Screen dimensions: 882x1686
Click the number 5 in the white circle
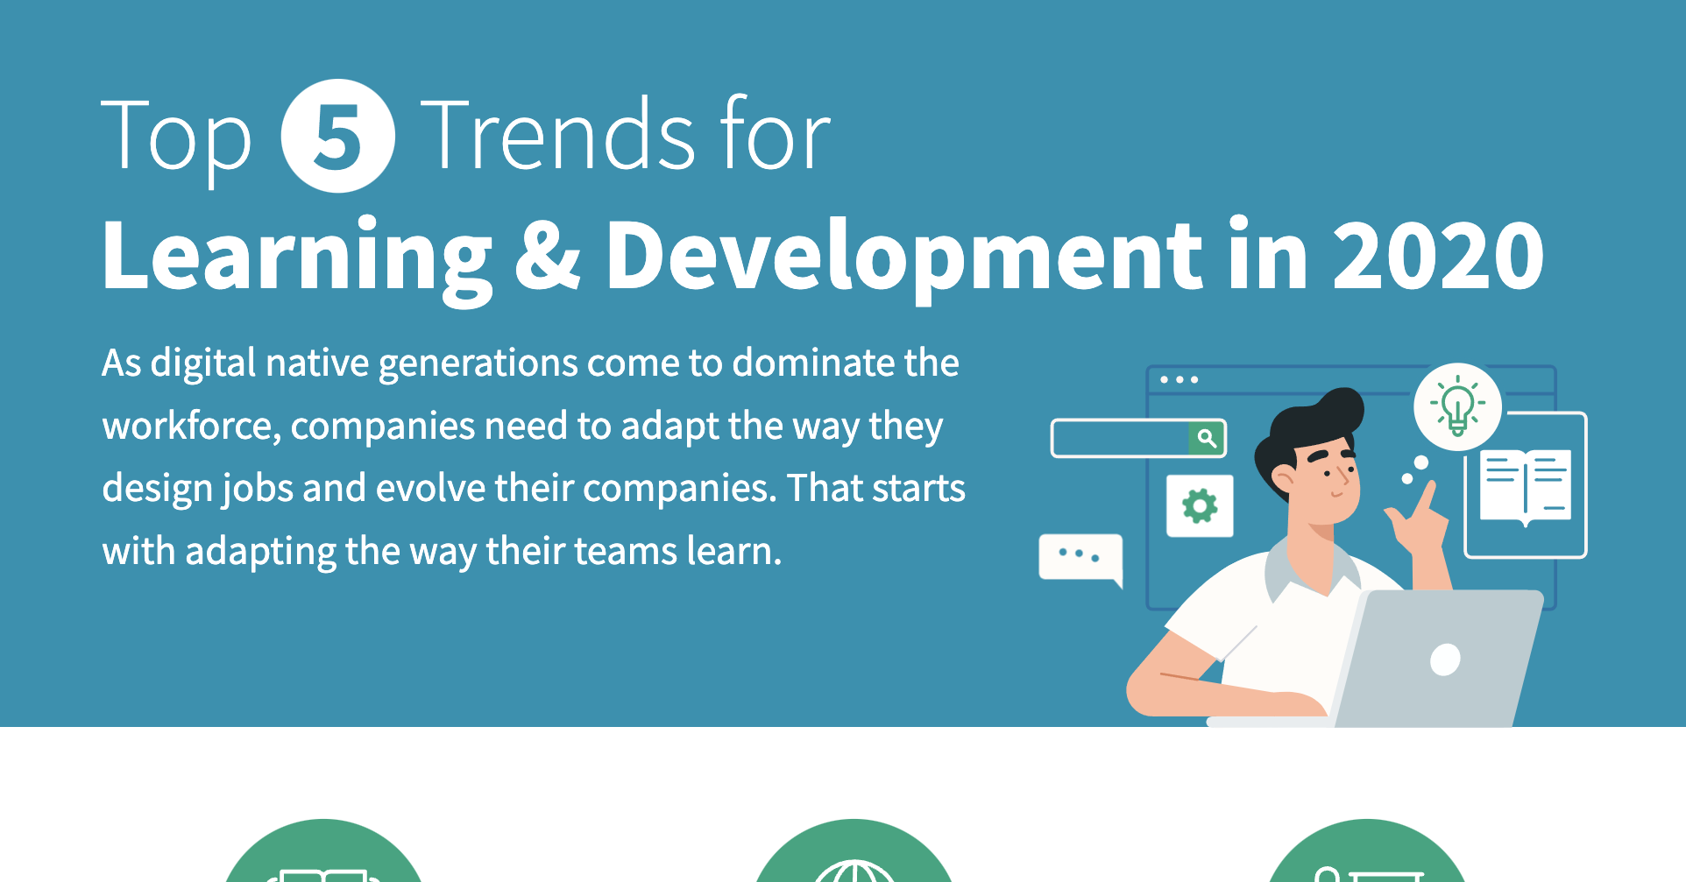coord(337,137)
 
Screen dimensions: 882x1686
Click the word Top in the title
coord(176,137)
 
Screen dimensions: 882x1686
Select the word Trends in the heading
coord(558,135)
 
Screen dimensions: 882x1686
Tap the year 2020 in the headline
coord(1437,255)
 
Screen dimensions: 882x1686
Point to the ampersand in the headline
coord(548,255)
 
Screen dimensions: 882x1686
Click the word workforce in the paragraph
coord(190,427)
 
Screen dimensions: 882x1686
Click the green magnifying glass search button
coord(1207,438)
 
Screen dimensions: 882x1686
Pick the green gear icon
coord(1200,506)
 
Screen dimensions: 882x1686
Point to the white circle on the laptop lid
coord(1444,660)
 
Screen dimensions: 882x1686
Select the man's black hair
coord(1314,425)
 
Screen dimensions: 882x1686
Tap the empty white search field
coord(1119,438)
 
